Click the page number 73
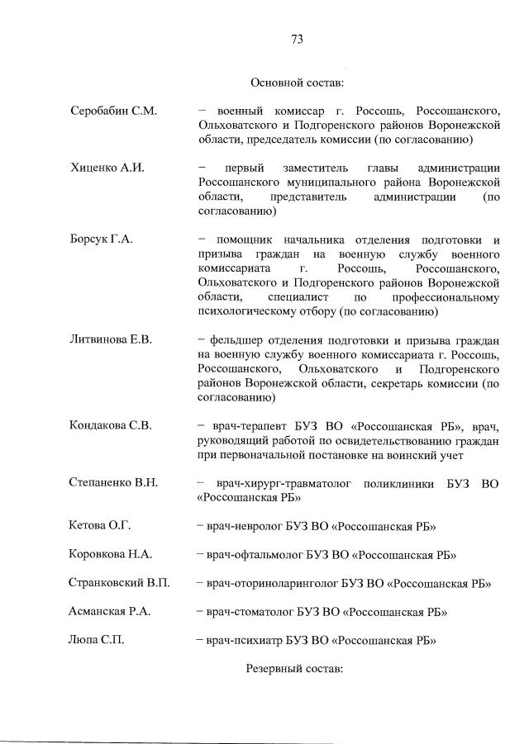(x=298, y=39)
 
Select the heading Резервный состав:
(x=294, y=666)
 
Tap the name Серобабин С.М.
(x=113, y=111)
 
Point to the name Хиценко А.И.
(x=107, y=168)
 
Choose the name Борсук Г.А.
(x=102, y=239)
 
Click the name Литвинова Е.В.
(x=112, y=339)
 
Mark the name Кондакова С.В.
(x=111, y=426)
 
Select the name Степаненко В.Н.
(x=113, y=482)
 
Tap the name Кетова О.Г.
(x=100, y=526)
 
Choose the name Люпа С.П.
(x=97, y=639)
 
